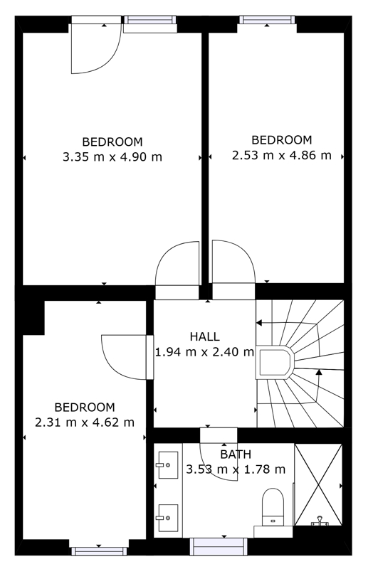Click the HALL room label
204,336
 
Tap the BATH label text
236,454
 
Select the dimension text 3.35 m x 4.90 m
112,156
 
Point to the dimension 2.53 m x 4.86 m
281,155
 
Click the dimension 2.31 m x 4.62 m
85,422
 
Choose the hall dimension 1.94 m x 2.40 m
204,351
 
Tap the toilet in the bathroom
273,506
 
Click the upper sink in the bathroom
167,465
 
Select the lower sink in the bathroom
167,518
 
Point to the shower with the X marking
318,484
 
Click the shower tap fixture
320,521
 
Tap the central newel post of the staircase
275,363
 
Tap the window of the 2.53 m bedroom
267,20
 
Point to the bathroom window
219,546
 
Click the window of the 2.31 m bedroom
99,551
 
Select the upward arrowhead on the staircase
319,371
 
